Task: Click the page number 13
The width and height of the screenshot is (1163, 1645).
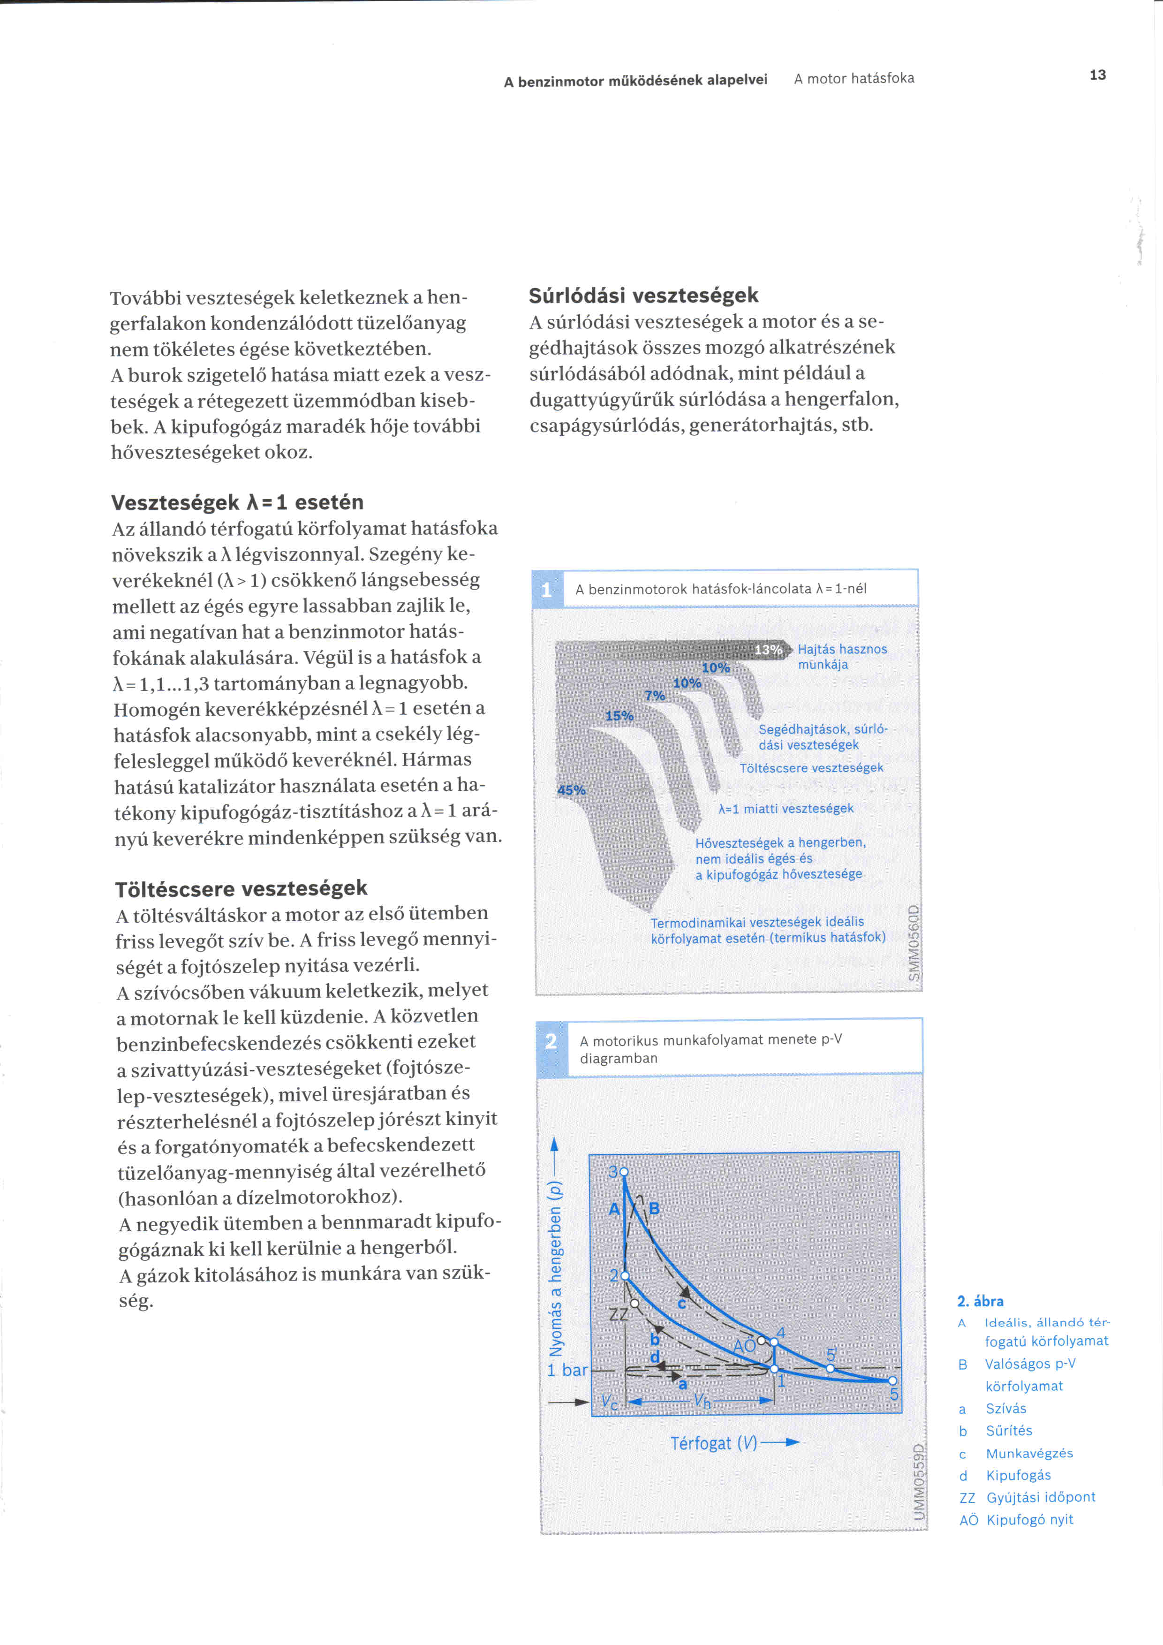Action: pyautogui.click(x=1097, y=75)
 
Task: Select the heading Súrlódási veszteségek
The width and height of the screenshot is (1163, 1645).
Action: pyautogui.click(x=643, y=295)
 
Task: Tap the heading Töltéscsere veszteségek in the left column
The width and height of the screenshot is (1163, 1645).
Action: pyautogui.click(x=242, y=888)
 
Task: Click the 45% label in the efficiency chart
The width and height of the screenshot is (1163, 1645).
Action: pyautogui.click(x=572, y=789)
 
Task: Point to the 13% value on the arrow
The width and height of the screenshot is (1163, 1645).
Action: pyautogui.click(x=768, y=650)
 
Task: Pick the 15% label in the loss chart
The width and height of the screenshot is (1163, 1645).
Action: pyautogui.click(x=619, y=715)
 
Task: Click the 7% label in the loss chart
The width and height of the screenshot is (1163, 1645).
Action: pyautogui.click(x=655, y=695)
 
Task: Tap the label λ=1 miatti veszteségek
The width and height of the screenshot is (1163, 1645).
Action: pyautogui.click(x=785, y=808)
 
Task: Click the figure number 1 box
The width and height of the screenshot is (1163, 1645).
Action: pyautogui.click(x=547, y=590)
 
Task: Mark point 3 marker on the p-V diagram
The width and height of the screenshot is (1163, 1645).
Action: pyautogui.click(x=624, y=1171)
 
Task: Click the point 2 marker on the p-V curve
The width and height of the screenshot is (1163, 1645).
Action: pyautogui.click(x=625, y=1276)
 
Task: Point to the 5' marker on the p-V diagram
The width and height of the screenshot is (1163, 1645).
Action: pyautogui.click(x=830, y=1368)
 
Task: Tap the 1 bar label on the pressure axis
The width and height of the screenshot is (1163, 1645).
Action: pyautogui.click(x=567, y=1370)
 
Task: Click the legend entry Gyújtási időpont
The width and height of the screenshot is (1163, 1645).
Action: pyautogui.click(x=1041, y=1497)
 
